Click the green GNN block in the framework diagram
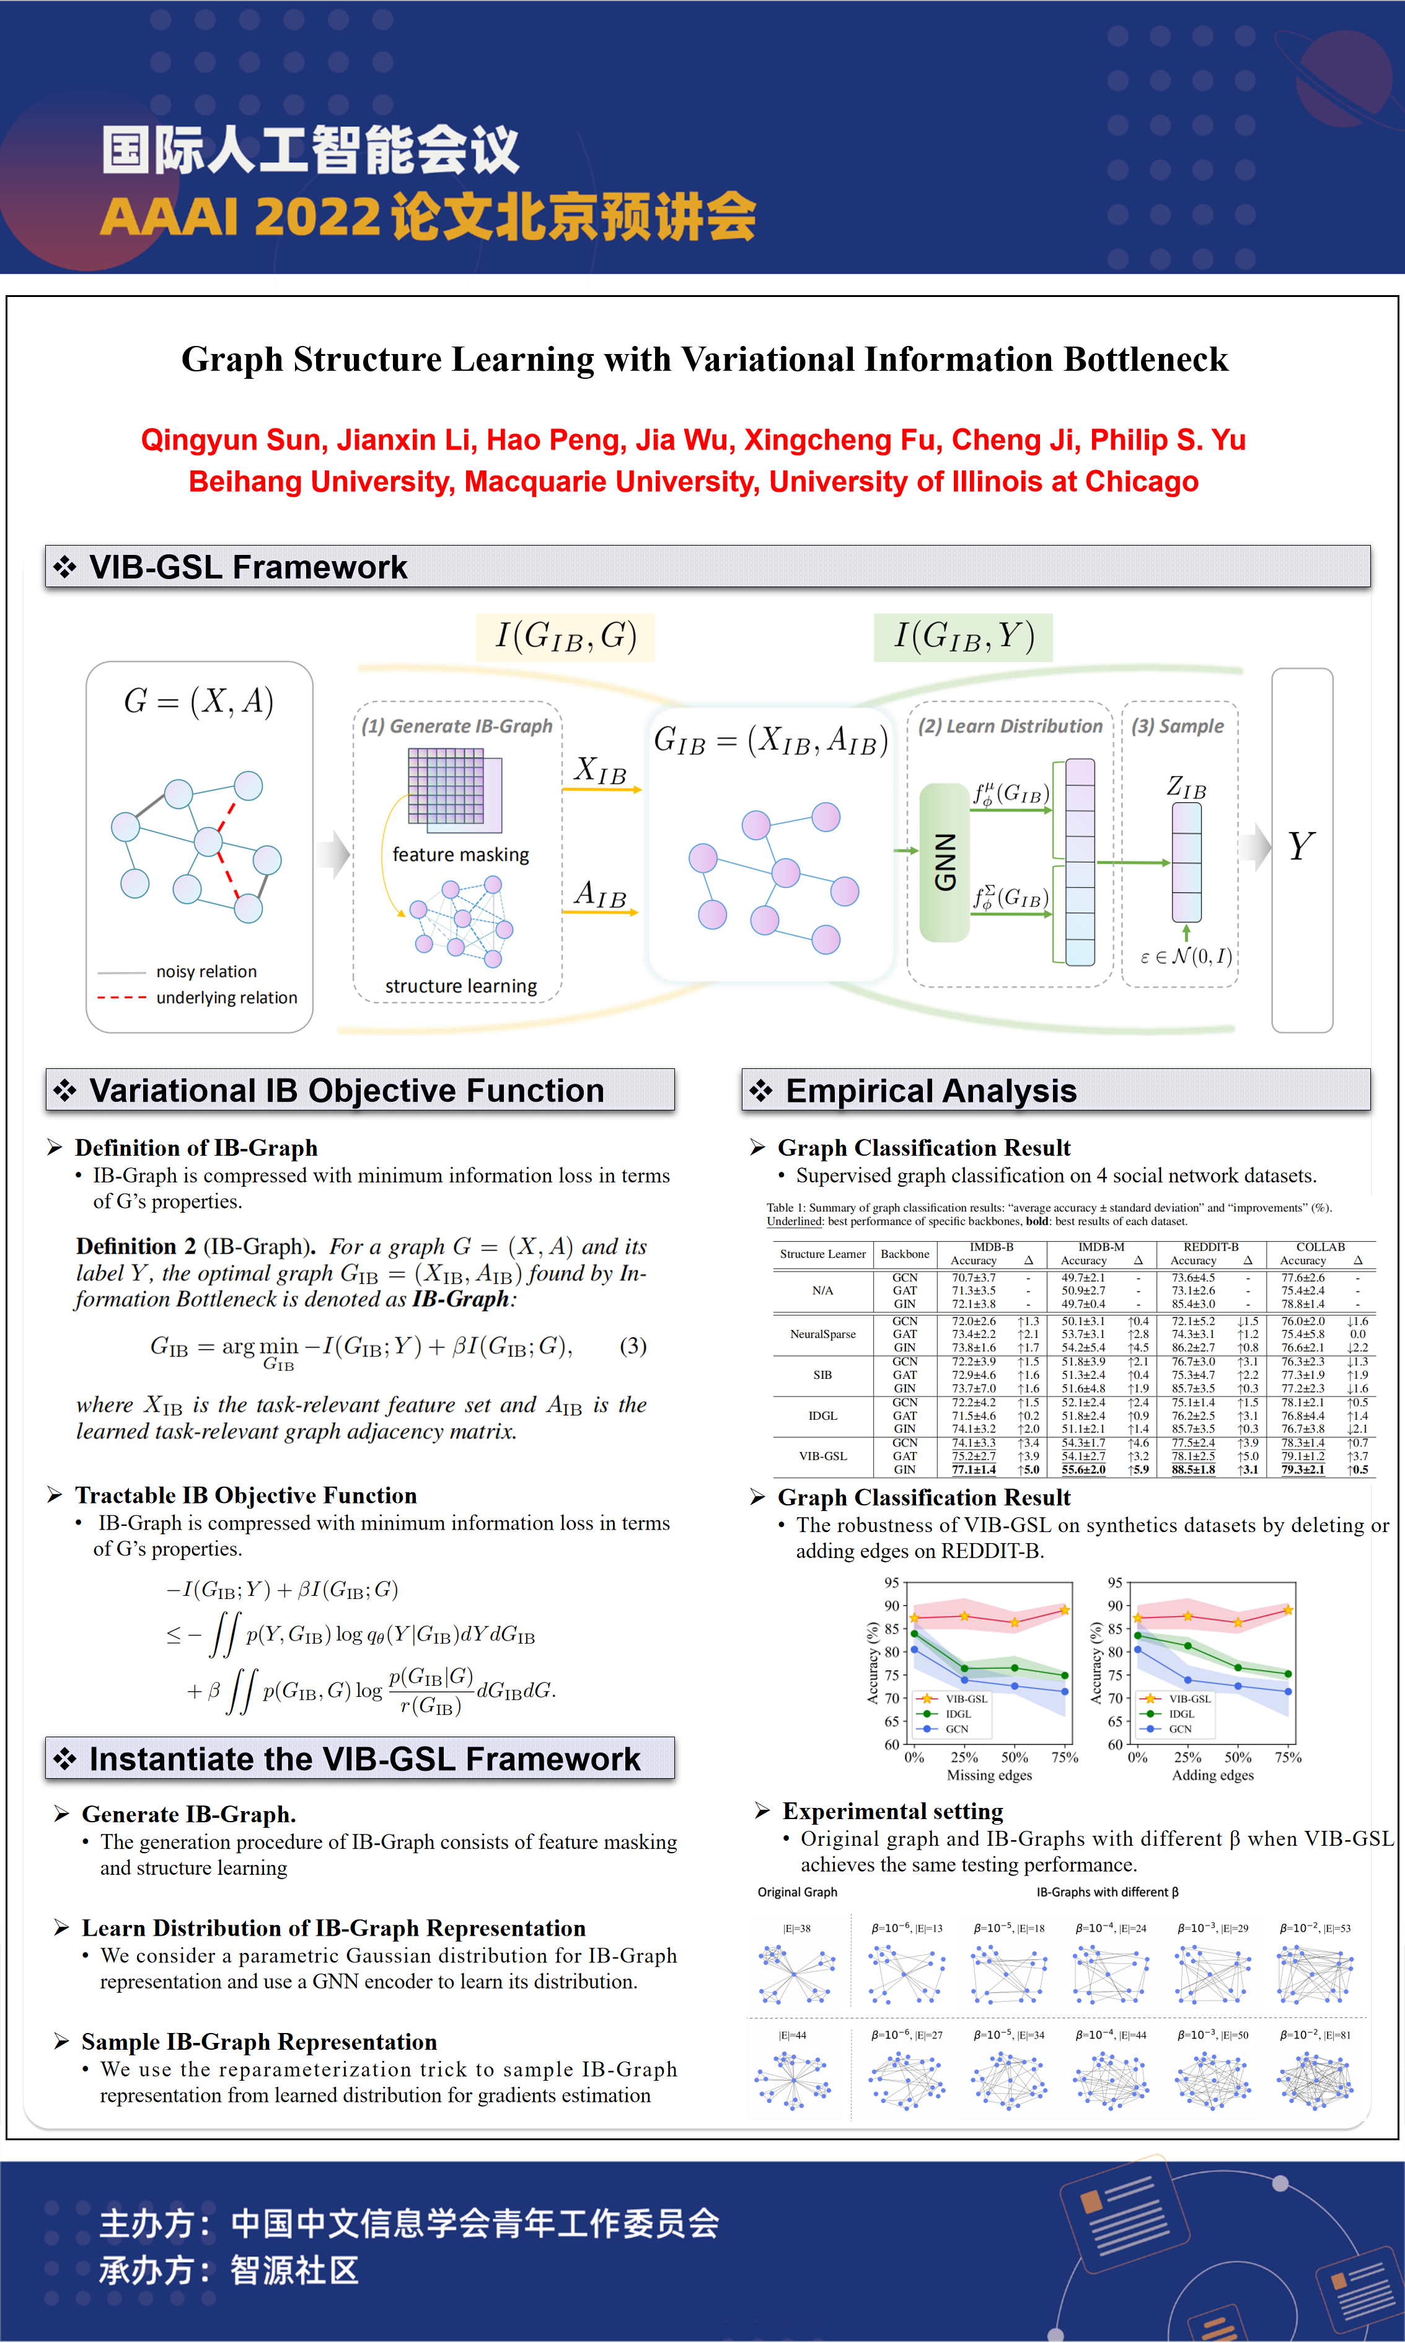(x=944, y=862)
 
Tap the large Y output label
(x=1301, y=846)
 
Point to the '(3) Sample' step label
(x=1177, y=727)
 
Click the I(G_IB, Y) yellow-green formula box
(x=963, y=636)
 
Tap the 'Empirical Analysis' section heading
(x=931, y=1091)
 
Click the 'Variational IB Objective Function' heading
(x=346, y=1091)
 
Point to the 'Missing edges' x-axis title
(x=989, y=1775)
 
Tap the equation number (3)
(x=632, y=1346)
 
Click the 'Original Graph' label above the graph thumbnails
(x=797, y=1892)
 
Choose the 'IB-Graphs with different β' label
(x=1107, y=1892)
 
